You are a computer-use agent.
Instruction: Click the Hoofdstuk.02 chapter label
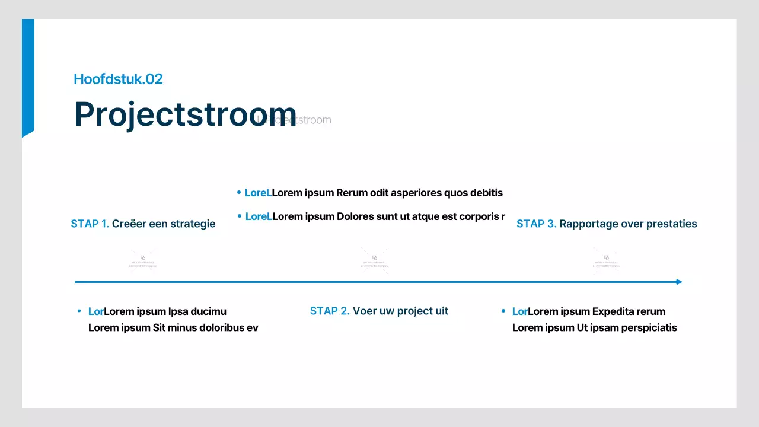pyautogui.click(x=118, y=79)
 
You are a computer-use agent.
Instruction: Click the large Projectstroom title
pyautogui.click(x=185, y=114)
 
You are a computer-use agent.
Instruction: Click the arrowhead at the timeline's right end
pyautogui.click(x=679, y=282)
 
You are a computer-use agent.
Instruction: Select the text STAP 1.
pyautogui.click(x=90, y=224)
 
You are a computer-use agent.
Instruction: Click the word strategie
pyautogui.click(x=193, y=224)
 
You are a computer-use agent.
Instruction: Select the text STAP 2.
pyautogui.click(x=330, y=311)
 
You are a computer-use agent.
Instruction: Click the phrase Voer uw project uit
pyautogui.click(x=400, y=311)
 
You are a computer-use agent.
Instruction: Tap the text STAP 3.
pyautogui.click(x=536, y=224)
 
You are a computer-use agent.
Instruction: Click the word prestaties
pyautogui.click(x=669, y=224)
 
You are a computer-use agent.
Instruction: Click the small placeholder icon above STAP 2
pyautogui.click(x=375, y=257)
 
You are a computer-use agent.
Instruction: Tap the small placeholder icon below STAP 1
pyautogui.click(x=143, y=257)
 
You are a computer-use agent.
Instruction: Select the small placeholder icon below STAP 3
pyautogui.click(x=607, y=257)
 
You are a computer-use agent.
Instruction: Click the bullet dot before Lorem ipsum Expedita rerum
pyautogui.click(x=503, y=311)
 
